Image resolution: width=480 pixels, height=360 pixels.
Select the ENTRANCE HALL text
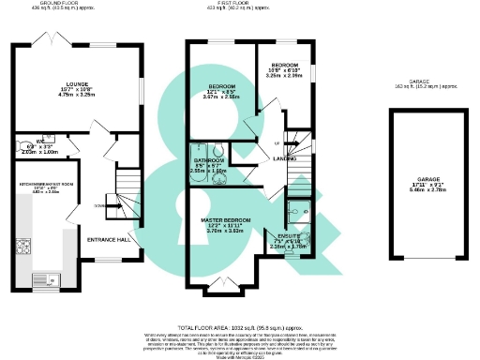point(108,240)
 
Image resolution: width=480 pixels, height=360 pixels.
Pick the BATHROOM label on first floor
point(208,161)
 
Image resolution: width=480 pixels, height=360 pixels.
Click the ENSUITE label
point(290,236)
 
